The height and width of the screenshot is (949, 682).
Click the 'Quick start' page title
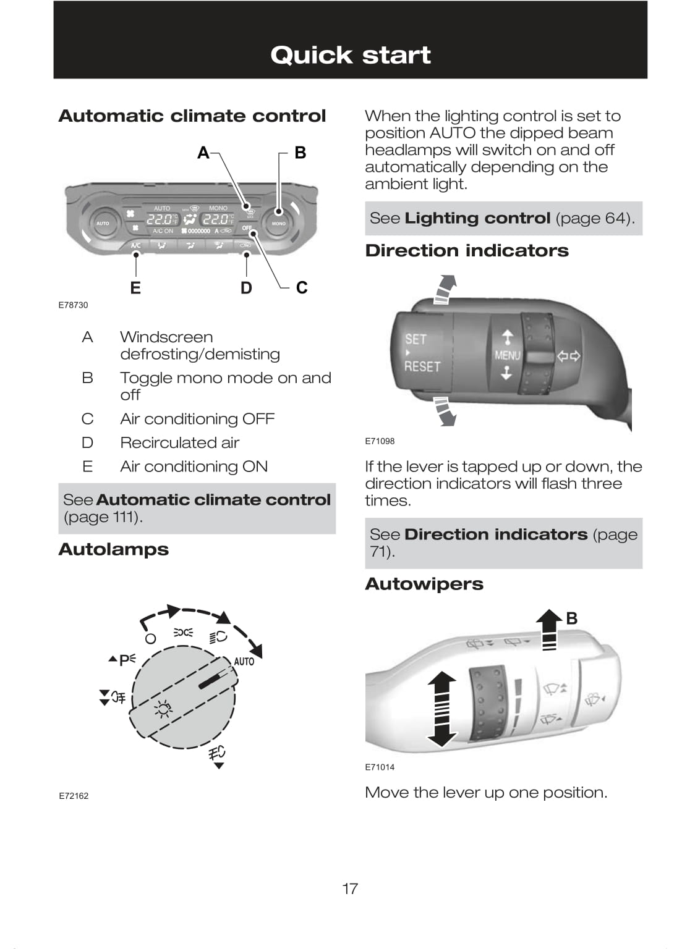point(350,55)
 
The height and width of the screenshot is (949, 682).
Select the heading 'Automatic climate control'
point(192,116)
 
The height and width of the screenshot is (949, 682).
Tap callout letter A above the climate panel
point(203,153)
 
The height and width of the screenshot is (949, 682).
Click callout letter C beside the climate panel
point(302,288)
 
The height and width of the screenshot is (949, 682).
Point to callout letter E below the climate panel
point(135,289)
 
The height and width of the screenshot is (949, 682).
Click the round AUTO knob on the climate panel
point(103,223)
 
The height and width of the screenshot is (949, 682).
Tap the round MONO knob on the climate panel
point(279,223)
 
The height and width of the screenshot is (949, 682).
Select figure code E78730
point(73,305)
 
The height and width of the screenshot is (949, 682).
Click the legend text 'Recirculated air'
point(179,443)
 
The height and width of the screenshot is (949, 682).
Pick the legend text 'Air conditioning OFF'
point(197,419)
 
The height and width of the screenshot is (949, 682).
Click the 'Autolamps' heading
point(113,549)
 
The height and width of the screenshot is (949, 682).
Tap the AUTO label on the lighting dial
point(244,662)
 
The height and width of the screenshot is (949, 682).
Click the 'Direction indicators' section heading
point(467,251)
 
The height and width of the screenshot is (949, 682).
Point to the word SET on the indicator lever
point(416,339)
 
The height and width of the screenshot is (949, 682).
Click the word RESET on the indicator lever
point(422,366)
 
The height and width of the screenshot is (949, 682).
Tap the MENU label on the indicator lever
point(507,355)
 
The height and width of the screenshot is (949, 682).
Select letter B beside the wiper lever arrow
point(572,618)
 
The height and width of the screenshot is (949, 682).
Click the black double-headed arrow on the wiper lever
point(441,709)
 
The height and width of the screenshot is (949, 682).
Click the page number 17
point(350,889)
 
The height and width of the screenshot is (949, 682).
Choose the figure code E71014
point(380,767)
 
